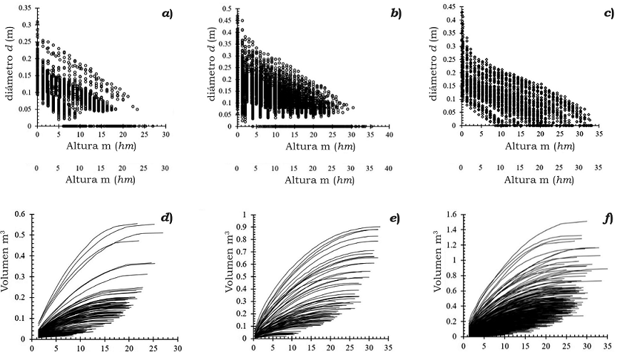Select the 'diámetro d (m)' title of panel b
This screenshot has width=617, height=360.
tap(214, 68)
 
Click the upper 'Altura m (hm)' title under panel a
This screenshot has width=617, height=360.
tap(101, 147)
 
